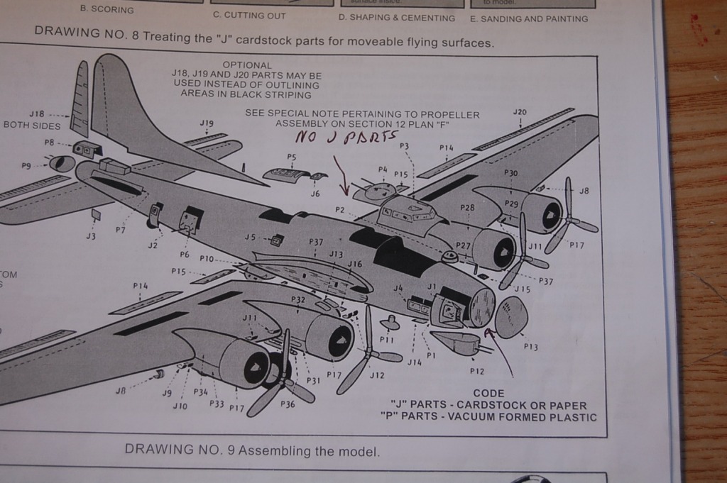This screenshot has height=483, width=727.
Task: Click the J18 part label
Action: point(37,113)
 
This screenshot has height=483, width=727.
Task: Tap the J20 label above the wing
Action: point(520,112)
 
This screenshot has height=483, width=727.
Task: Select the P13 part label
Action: point(531,347)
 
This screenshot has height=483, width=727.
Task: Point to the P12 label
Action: point(477,370)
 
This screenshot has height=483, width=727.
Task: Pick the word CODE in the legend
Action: point(488,393)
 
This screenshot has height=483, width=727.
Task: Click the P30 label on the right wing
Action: point(511,172)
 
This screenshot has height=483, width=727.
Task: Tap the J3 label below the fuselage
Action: point(90,236)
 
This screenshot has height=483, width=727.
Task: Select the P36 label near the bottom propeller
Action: point(288,404)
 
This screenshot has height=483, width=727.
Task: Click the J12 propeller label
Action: point(377,375)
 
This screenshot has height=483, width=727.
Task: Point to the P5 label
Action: point(292,157)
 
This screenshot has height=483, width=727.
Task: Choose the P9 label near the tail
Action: point(26,165)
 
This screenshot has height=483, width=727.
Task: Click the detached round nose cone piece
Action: point(511,316)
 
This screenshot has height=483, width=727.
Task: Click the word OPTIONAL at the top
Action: point(247,65)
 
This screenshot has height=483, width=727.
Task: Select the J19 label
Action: point(207,123)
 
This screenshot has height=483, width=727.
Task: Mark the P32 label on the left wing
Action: point(297,299)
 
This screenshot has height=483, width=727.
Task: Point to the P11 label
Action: point(387,339)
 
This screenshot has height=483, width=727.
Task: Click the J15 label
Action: point(523,289)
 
